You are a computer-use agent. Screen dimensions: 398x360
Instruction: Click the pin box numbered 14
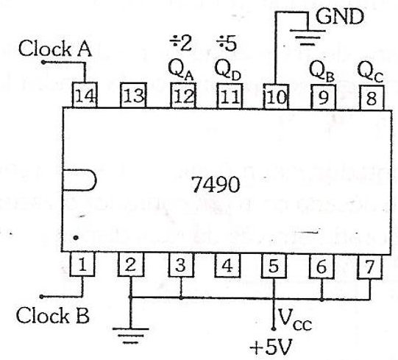point(85,95)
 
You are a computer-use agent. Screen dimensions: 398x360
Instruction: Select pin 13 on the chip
point(133,95)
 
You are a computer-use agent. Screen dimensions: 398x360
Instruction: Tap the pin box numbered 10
point(276,96)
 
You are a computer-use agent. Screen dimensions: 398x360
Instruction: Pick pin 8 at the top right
point(372,98)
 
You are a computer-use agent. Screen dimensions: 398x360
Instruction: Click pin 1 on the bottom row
point(82,264)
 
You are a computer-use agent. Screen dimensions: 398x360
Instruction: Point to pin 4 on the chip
point(227,266)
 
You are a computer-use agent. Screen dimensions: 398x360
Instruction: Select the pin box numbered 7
point(369,267)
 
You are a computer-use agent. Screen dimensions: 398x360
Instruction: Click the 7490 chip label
point(215,185)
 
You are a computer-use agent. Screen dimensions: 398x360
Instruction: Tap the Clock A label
point(55,49)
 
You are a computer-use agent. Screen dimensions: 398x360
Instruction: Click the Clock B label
point(53,316)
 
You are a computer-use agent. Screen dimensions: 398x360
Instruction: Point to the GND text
point(340,16)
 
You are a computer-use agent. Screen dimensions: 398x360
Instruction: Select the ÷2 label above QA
point(181,43)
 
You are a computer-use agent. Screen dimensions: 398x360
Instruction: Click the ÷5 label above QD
point(227,43)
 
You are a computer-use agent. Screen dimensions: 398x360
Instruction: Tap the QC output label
point(370,72)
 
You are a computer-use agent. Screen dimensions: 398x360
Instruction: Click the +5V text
point(271,347)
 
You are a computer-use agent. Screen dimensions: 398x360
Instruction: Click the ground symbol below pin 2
point(131,336)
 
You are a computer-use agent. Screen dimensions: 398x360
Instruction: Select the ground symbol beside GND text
point(308,38)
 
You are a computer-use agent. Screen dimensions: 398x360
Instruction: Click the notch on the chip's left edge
point(79,180)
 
